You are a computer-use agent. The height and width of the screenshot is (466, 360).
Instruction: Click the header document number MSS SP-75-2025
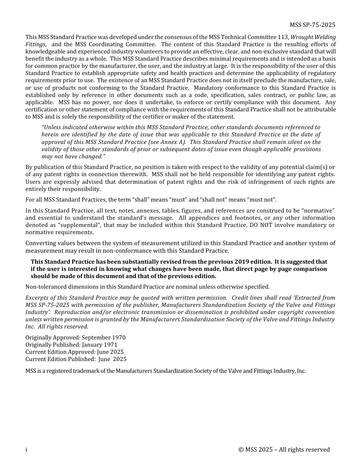(312, 25)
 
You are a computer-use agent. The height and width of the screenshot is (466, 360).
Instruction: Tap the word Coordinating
(112, 44)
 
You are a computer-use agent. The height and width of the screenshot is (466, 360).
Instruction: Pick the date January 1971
(99, 345)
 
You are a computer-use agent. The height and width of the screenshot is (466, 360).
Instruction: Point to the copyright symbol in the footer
(241, 450)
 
